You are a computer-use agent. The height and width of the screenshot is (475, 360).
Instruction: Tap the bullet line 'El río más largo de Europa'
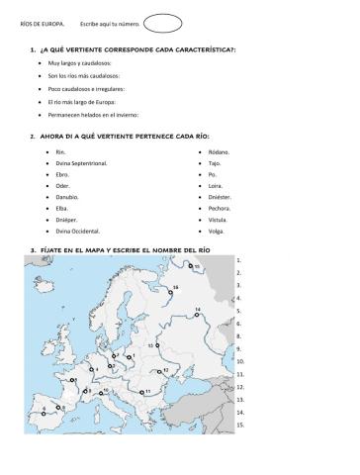click(x=87, y=101)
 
